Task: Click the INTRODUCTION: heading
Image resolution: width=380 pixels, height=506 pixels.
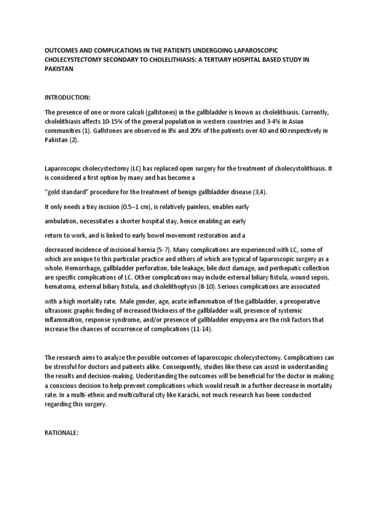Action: [x=67, y=98]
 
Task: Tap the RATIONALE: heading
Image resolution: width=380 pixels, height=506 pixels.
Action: [x=62, y=432]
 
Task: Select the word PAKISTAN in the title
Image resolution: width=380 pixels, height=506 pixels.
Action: [x=59, y=69]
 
